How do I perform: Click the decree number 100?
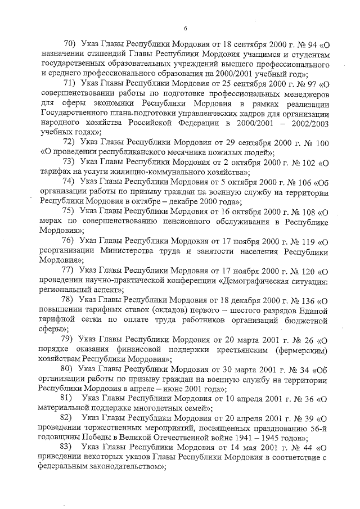click(321, 143)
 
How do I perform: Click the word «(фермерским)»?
click(301, 349)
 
